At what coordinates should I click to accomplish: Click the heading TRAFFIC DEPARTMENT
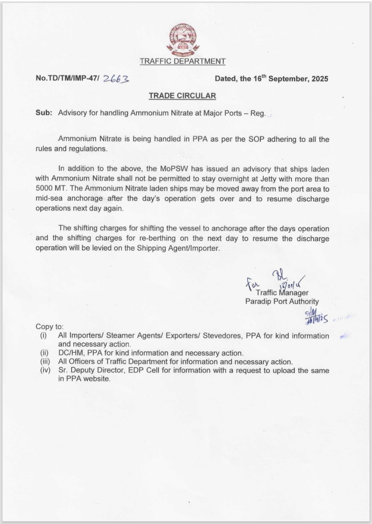pos(183,61)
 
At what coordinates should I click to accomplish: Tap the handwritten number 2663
pos(116,79)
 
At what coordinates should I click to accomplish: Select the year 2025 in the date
pos(320,78)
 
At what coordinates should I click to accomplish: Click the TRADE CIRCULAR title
pos(182,96)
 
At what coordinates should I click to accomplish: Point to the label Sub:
pos(44,113)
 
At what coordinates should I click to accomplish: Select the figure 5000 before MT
pos(44,189)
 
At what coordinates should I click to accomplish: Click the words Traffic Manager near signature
pos(282,293)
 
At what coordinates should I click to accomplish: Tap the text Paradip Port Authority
pos(282,302)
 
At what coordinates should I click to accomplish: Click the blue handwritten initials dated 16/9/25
pos(315,317)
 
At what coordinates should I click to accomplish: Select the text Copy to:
pos(49,326)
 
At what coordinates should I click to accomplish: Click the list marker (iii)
pos(45,362)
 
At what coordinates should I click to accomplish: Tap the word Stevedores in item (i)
pos(222,336)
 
